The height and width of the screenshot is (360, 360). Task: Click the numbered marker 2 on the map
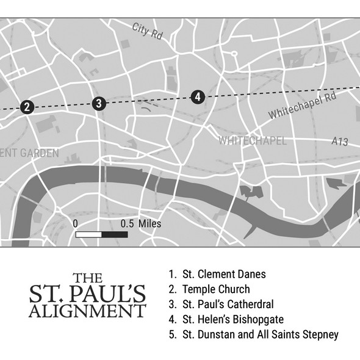pos(26,107)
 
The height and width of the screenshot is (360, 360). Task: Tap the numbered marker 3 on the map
pos(99,103)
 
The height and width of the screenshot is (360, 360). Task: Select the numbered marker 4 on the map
pos(197,96)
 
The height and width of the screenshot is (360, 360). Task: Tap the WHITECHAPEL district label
pos(252,141)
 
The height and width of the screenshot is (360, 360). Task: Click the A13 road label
pos(340,142)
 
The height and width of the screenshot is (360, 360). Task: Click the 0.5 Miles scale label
pos(141,223)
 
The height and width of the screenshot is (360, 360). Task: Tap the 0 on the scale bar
pos(75,223)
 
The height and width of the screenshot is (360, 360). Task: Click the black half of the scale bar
pos(115,235)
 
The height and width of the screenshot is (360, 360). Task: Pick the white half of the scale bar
pos(88,235)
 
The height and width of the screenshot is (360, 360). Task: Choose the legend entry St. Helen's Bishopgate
pos(225,319)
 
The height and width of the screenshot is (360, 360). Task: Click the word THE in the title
pos(87,277)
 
